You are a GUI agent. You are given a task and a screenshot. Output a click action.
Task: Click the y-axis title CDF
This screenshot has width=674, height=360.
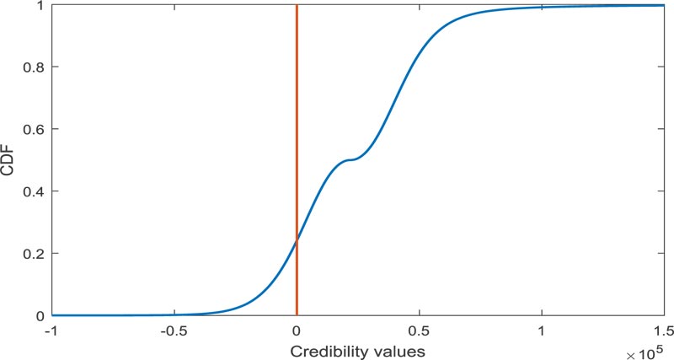(x=9, y=160)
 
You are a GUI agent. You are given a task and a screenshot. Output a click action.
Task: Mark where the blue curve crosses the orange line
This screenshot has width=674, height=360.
(x=297, y=242)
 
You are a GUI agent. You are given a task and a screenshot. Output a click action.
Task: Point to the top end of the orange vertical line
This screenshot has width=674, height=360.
(x=297, y=6)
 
